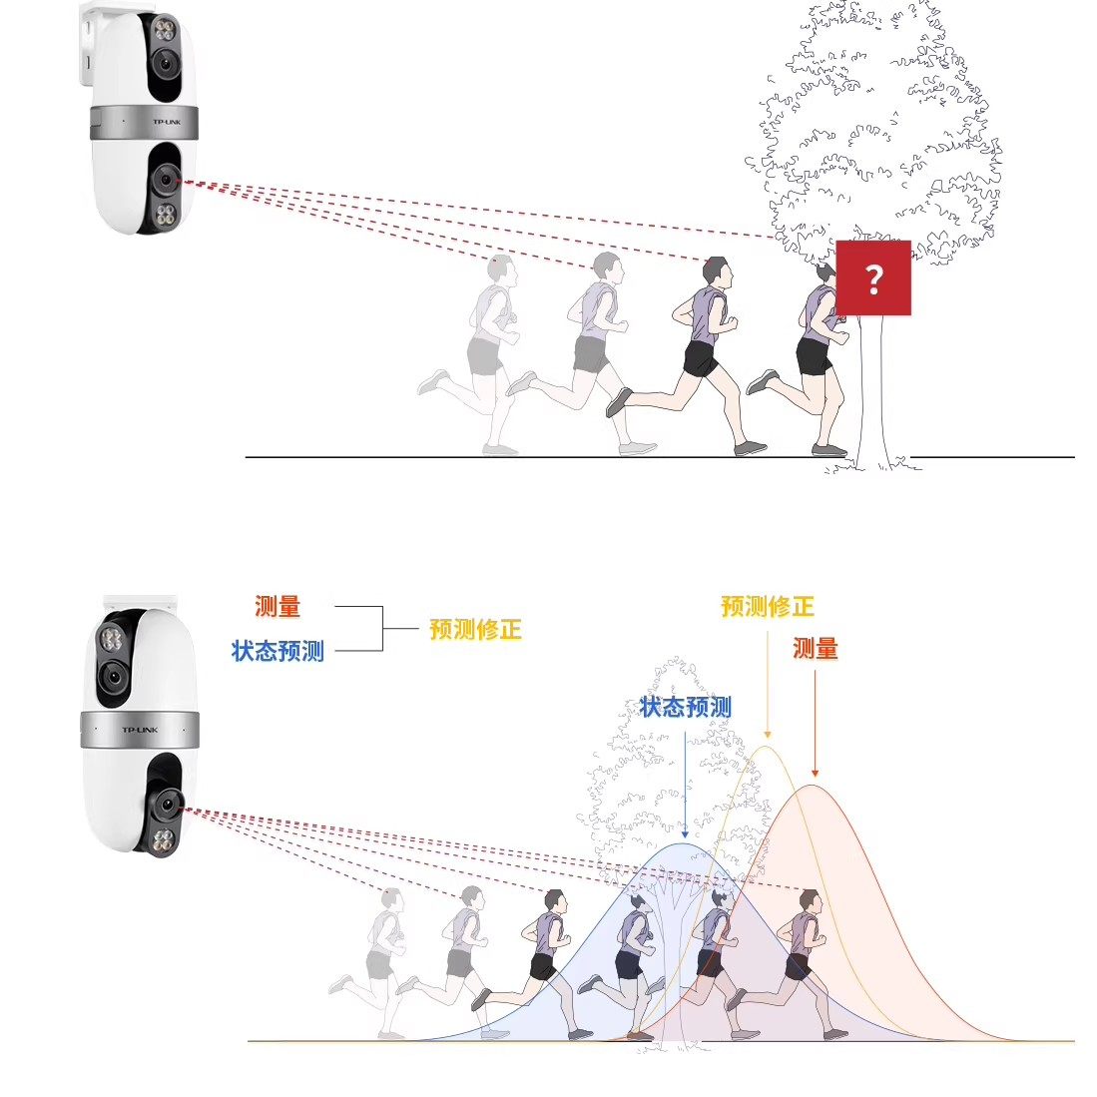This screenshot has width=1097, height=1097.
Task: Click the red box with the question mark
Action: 873,277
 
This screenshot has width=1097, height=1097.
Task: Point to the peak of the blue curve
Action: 685,844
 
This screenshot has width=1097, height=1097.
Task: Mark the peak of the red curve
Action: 814,786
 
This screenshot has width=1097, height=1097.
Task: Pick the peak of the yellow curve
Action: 767,747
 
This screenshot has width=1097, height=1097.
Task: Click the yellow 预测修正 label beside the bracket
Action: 475,630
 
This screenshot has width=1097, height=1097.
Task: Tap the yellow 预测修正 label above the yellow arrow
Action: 767,606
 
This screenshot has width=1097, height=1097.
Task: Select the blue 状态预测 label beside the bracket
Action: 277,651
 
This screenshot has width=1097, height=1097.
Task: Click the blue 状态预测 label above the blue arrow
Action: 685,708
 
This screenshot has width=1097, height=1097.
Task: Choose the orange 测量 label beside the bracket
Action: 277,606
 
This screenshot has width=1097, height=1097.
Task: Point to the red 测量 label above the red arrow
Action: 816,649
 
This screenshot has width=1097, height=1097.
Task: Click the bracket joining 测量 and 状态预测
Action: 381,629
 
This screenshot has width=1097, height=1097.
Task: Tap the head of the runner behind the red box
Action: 824,271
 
